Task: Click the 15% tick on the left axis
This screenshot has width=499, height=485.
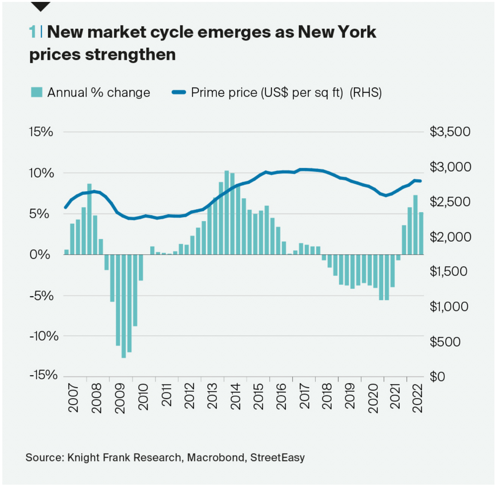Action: click(41, 132)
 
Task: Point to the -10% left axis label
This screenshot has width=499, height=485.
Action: click(44, 336)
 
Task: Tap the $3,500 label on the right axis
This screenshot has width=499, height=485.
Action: click(450, 132)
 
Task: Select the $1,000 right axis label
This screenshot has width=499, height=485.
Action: click(449, 307)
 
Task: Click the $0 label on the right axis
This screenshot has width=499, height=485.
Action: click(437, 377)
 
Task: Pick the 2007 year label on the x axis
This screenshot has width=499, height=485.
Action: click(73, 398)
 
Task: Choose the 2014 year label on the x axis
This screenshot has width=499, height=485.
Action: click(235, 396)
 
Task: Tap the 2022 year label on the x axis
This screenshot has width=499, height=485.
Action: click(418, 398)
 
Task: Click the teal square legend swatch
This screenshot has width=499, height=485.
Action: click(36, 92)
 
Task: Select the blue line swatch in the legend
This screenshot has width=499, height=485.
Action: click(179, 92)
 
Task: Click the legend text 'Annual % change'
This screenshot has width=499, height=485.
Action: click(98, 92)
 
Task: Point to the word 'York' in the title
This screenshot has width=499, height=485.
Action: click(357, 32)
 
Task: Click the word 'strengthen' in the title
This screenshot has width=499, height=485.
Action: click(130, 55)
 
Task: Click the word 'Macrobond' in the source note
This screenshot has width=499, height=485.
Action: click(216, 457)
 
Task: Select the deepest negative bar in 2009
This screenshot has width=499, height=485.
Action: click(123, 306)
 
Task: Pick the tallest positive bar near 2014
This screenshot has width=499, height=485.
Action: click(226, 213)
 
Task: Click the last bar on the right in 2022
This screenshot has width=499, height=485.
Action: click(421, 233)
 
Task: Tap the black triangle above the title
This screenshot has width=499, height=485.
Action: click(40, 6)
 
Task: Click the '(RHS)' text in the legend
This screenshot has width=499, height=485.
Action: click(365, 92)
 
